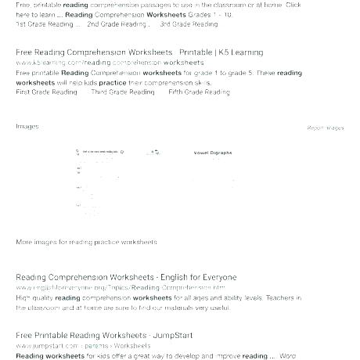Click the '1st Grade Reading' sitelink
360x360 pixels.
point(46,24)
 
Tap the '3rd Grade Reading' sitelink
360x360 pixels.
point(189,24)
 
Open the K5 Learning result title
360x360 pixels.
point(139,52)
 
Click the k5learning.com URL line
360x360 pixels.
point(110,62)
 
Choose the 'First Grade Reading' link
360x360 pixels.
point(46,92)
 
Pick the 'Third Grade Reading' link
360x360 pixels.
point(123,92)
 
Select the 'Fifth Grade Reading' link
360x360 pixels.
point(199,92)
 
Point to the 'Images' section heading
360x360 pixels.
point(27,126)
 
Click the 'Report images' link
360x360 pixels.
point(325,128)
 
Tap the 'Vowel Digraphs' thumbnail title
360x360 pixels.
point(213,154)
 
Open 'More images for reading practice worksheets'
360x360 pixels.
point(86,243)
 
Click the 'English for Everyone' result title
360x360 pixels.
point(126,278)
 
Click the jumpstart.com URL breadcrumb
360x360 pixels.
point(83,345)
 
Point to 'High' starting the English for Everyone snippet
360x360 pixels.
point(23,297)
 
